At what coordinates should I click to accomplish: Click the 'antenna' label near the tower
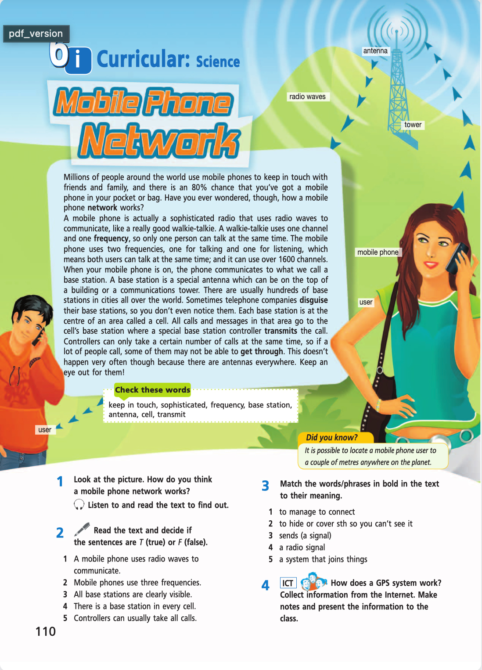coord(375,51)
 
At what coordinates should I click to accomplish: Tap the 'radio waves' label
coord(307,97)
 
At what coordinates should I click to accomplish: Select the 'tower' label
coord(413,125)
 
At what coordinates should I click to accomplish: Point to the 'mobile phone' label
coord(378,252)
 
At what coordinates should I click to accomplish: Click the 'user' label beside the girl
coord(366,302)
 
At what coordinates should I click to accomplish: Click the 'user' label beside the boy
coord(45,430)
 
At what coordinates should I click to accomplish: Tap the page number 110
coord(46,631)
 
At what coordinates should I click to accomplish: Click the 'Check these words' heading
coord(152,390)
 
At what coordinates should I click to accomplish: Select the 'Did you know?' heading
coord(332,437)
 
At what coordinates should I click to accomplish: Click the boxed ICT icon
coord(288,583)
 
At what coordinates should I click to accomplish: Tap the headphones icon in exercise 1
coord(79,505)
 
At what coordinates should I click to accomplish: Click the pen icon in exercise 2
coord(82,530)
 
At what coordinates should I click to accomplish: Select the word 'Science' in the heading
coord(218,61)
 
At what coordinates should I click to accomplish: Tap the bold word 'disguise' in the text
coord(313,300)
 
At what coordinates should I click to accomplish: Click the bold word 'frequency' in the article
coord(111,238)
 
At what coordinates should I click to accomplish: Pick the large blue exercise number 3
coord(265,486)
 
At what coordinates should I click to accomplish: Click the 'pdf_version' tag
coord(36,34)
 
